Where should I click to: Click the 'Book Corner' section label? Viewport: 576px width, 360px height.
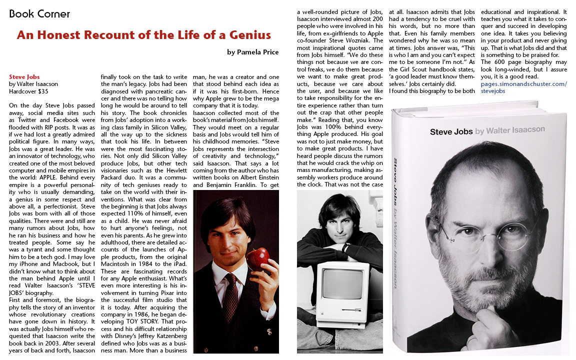click(x=39, y=14)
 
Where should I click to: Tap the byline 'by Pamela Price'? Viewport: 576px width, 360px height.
click(x=252, y=52)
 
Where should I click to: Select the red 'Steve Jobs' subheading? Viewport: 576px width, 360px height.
click(x=24, y=77)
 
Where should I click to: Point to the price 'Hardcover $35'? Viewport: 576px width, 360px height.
click(x=28, y=91)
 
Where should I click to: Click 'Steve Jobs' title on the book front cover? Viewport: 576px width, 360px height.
click(x=450, y=132)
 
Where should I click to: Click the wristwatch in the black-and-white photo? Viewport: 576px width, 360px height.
click(x=345, y=248)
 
